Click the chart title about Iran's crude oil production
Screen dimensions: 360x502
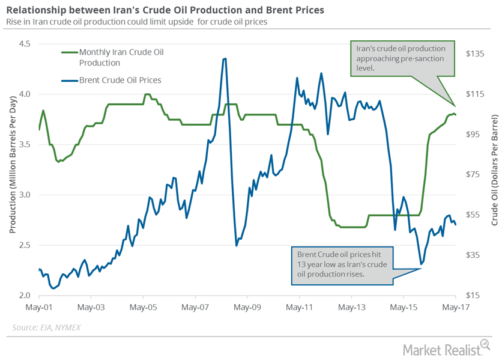tap(165, 10)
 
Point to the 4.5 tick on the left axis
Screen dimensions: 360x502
tap(25, 43)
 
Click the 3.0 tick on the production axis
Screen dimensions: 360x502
tap(25, 195)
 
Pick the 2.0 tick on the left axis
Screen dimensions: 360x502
tap(25, 296)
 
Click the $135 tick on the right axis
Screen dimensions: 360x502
tap(474, 53)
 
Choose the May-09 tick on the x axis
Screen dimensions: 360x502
tap(247, 307)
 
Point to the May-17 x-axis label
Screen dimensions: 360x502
tap(455, 307)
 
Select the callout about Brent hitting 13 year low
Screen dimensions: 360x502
tap(342, 264)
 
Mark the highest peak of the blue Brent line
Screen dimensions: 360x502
tap(225, 58)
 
